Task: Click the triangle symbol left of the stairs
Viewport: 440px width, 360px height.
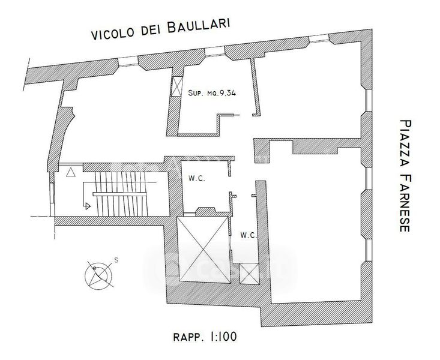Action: click(x=71, y=172)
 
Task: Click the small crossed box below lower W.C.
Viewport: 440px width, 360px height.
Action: click(x=248, y=274)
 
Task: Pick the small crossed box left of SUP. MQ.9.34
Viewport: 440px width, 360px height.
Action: click(x=177, y=86)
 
